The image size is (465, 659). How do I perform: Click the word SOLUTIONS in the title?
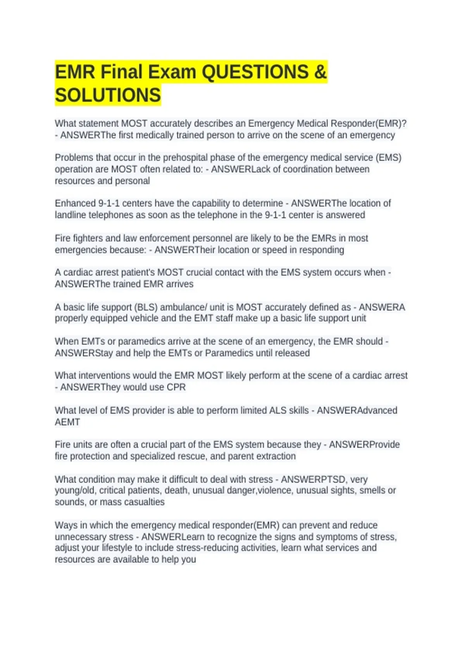point(108,95)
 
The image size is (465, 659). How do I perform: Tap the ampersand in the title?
point(320,72)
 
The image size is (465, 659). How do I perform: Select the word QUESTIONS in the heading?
point(255,72)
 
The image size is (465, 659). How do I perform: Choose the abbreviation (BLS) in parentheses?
point(146,307)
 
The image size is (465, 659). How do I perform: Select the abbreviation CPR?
point(176,387)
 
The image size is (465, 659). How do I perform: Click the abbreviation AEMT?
point(67,422)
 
